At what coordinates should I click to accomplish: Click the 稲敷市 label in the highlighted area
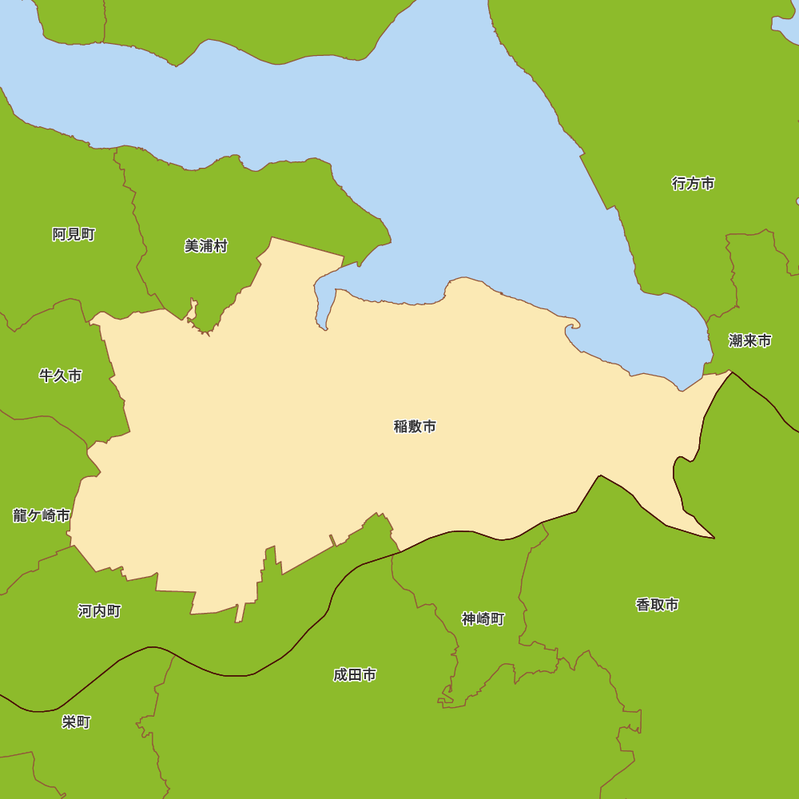(415, 427)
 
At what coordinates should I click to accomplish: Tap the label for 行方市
(693, 184)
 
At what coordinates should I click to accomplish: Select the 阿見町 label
(74, 234)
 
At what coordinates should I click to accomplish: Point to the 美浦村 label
(206, 246)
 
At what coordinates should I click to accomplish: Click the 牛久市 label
(61, 376)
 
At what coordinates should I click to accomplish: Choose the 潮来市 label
(750, 341)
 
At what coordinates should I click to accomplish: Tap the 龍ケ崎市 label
(42, 515)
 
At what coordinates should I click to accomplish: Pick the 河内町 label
(100, 611)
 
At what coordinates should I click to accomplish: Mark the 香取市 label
(657, 605)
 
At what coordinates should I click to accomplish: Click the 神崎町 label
(483, 618)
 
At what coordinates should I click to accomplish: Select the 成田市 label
(355, 675)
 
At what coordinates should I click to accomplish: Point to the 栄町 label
(77, 722)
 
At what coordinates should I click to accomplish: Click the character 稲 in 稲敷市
(401, 427)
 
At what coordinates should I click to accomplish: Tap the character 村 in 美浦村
(221, 246)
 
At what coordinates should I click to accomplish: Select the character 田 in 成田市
(355, 675)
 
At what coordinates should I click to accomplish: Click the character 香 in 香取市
(642, 605)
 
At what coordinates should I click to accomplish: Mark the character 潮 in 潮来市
(736, 341)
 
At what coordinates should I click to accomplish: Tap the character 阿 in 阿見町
(59, 234)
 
